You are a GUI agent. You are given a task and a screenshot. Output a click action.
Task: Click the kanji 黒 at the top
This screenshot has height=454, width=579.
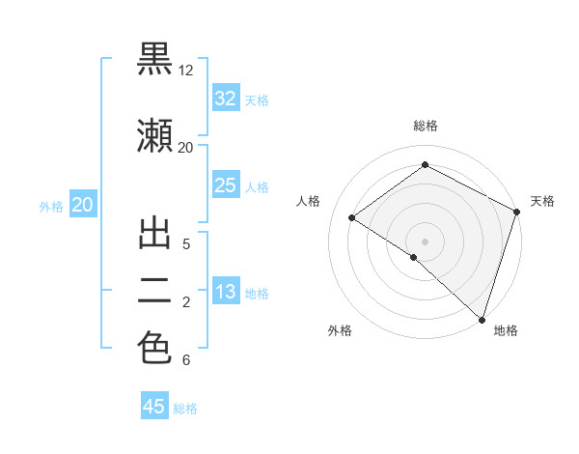click(154, 59)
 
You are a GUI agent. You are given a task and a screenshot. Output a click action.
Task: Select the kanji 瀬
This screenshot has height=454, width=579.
click(154, 134)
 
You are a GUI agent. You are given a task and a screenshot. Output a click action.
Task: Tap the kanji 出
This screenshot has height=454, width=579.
click(154, 235)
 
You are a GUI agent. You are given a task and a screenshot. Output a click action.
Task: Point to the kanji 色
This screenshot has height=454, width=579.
click(154, 349)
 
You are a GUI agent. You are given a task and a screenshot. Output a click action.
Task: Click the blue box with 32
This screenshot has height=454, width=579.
click(226, 99)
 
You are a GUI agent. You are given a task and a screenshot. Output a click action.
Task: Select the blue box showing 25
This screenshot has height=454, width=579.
click(226, 185)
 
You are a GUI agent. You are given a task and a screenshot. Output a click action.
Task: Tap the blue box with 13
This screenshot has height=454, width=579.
click(226, 292)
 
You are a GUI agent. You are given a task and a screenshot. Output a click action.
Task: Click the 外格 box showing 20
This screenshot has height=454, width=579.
click(83, 205)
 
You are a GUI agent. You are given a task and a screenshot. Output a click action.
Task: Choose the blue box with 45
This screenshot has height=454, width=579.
click(154, 407)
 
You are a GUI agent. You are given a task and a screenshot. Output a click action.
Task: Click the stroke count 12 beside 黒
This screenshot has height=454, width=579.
click(186, 71)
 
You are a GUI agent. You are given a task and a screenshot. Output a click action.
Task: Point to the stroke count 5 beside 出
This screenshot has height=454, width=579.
click(186, 244)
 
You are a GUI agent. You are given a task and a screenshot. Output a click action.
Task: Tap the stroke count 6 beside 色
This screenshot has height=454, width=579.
click(186, 361)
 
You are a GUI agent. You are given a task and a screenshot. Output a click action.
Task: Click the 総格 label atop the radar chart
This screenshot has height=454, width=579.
click(425, 126)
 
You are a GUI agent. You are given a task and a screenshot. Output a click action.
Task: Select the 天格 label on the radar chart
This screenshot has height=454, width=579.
click(542, 201)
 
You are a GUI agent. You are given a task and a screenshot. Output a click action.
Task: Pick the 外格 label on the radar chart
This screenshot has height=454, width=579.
click(340, 331)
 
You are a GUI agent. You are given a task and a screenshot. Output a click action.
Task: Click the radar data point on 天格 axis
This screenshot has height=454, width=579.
click(517, 212)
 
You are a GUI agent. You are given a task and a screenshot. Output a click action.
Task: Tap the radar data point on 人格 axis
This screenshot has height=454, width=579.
click(352, 217)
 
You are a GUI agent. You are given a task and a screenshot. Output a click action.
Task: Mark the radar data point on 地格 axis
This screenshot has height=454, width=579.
click(481, 319)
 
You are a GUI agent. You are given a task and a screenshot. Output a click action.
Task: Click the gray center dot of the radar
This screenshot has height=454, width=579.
click(425, 241)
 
